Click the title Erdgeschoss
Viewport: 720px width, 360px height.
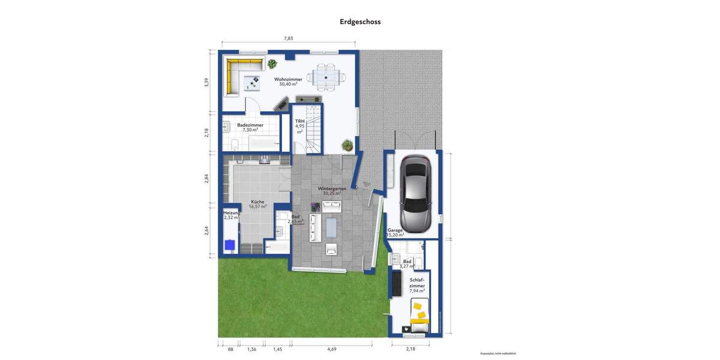tap(360, 22)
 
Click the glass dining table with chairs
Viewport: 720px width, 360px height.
tap(326, 77)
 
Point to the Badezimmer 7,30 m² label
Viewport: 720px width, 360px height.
tap(250, 127)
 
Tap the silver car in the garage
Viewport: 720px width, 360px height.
tap(415, 193)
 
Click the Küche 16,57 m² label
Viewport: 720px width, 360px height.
tap(257, 204)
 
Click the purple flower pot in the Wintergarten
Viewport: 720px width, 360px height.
tap(315, 207)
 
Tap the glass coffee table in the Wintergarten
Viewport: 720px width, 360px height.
tap(331, 226)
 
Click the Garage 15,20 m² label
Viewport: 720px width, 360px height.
tap(395, 232)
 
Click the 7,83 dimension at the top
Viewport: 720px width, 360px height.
tap(289, 38)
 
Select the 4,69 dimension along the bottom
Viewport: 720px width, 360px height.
tap(331, 349)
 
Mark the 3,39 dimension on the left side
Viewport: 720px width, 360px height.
tap(206, 83)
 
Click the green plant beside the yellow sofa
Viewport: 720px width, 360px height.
tap(272, 64)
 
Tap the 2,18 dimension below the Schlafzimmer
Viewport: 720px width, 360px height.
tap(410, 349)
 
